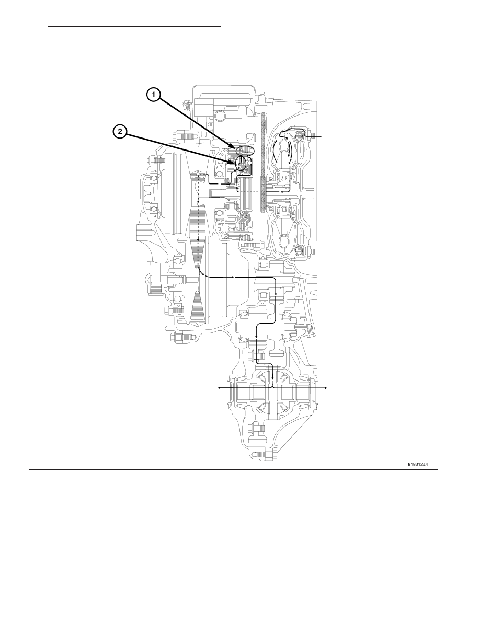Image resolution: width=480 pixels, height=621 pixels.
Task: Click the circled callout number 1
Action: (153, 95)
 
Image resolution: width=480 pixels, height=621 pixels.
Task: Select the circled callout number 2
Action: (120, 131)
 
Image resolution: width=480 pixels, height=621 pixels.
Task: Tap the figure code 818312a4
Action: (418, 464)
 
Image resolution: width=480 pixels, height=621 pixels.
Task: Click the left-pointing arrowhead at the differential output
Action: (220, 388)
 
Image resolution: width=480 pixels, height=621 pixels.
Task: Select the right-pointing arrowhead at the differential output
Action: (326, 388)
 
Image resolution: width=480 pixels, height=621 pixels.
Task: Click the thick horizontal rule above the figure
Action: (134, 26)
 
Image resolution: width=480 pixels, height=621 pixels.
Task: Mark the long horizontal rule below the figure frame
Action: (233, 510)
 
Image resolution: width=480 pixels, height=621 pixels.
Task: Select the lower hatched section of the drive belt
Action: (197, 301)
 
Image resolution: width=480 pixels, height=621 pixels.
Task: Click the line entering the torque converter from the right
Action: (316, 136)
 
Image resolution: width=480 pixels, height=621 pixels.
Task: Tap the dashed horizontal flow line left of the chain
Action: (247, 192)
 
